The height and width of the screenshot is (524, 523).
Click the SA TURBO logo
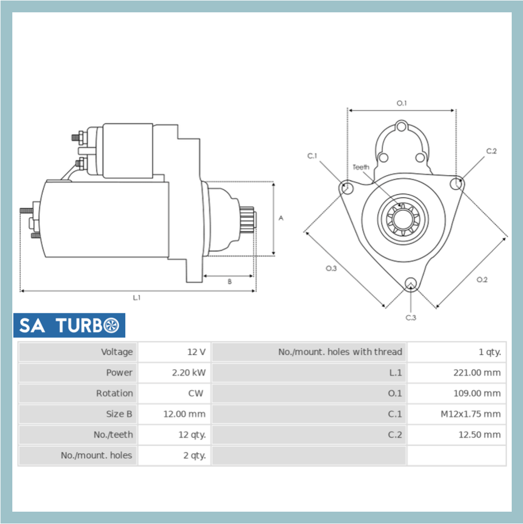click(69, 325)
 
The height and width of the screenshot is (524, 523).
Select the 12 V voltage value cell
click(196, 352)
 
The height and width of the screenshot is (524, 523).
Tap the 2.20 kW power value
click(188, 372)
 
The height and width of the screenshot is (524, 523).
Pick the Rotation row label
click(114, 393)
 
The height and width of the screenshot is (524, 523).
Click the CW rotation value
click(195, 393)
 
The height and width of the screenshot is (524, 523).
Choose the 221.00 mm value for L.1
click(476, 372)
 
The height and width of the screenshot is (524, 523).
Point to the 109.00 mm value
click(476, 393)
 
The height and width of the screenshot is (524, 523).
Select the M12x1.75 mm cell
click(470, 414)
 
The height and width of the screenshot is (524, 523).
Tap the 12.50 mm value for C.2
click(479, 434)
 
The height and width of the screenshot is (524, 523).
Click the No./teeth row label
click(113, 434)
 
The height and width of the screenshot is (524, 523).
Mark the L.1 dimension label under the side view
click(137, 297)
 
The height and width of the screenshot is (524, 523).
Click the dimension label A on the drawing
click(281, 218)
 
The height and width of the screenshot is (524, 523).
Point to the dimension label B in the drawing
click(229, 281)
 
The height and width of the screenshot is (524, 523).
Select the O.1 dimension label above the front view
click(401, 103)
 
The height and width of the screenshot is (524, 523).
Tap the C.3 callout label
click(410, 317)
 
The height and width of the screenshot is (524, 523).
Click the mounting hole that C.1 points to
click(346, 188)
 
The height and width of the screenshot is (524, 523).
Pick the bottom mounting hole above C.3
click(410, 283)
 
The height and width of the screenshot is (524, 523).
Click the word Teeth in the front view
click(361, 167)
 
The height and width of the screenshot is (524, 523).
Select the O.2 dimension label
click(481, 279)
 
